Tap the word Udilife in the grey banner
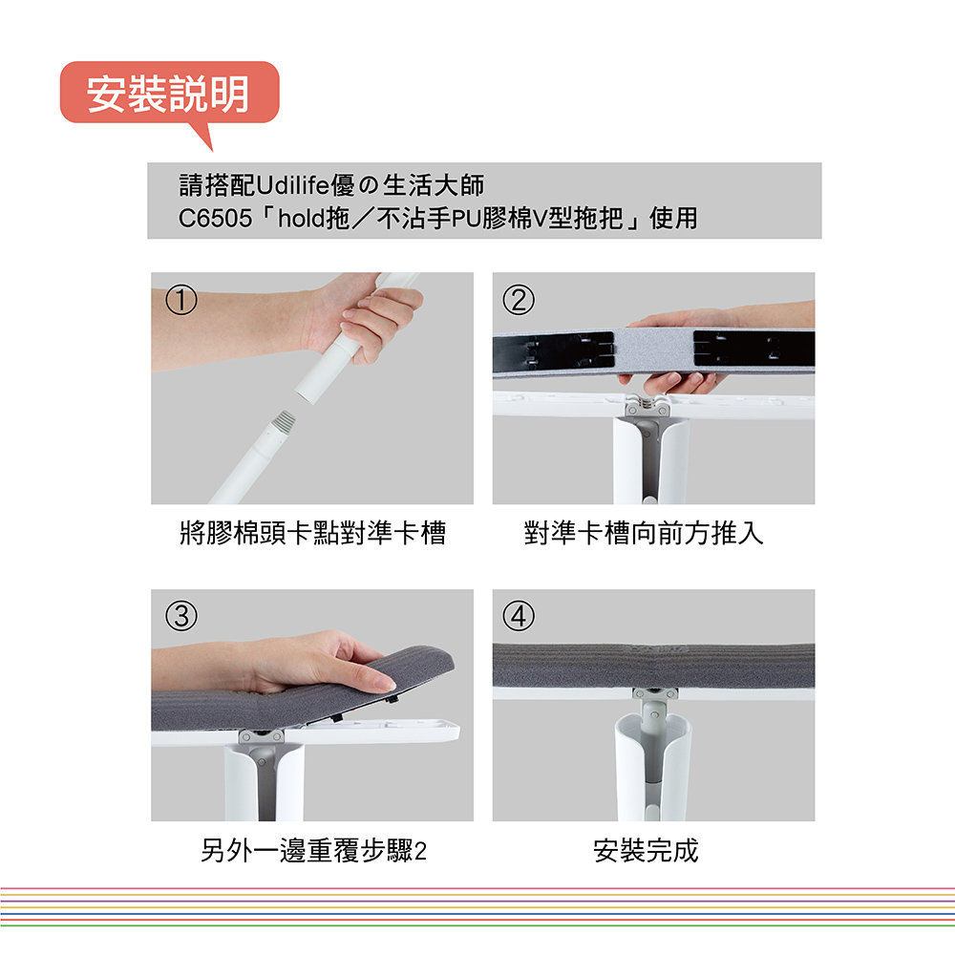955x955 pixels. pos(293,185)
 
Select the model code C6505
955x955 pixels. pos(215,218)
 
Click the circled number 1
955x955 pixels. pos(180,300)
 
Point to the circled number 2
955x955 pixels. pos(519,300)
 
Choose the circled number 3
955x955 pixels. pos(180,616)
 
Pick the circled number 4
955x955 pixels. pos(519,616)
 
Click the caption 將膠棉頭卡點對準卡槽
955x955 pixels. pos(313,533)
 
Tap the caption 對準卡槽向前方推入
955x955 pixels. pos(643,533)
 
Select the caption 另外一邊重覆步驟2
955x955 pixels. pos(313,850)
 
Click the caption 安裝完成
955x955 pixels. pos(646,850)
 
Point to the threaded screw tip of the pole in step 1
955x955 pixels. pos(284,419)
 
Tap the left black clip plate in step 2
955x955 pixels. pos(553,350)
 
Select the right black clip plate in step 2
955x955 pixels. pos(753,349)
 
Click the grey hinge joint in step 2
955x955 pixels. pos(647,406)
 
